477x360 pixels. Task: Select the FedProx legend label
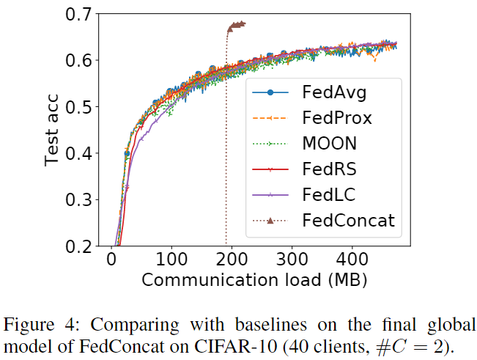click(x=337, y=118)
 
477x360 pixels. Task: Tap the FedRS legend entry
click(x=330, y=169)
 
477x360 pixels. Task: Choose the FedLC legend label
click(x=329, y=195)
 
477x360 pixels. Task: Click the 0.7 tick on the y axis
click(x=80, y=14)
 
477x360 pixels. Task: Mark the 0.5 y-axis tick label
click(x=80, y=107)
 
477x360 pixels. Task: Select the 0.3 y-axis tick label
click(x=80, y=200)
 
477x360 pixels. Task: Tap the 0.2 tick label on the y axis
click(x=80, y=246)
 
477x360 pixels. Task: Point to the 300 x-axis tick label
click(x=292, y=260)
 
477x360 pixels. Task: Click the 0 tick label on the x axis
click(x=111, y=260)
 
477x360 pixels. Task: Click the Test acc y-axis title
click(x=52, y=131)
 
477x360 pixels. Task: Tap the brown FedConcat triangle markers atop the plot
click(x=237, y=26)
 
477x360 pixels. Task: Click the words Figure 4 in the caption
click(x=32, y=325)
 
